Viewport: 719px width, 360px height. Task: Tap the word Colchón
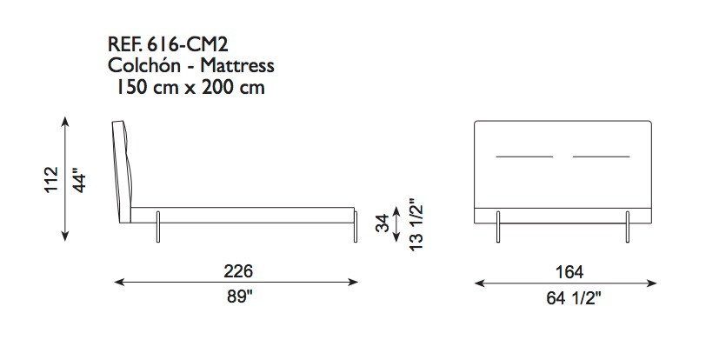[144, 65]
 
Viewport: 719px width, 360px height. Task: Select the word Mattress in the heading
[237, 65]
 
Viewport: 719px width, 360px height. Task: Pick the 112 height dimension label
[52, 179]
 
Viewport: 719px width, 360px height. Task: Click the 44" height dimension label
[79, 183]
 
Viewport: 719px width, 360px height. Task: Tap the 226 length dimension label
[238, 271]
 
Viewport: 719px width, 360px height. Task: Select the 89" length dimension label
[240, 297]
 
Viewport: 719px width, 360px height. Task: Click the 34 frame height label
[383, 223]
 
